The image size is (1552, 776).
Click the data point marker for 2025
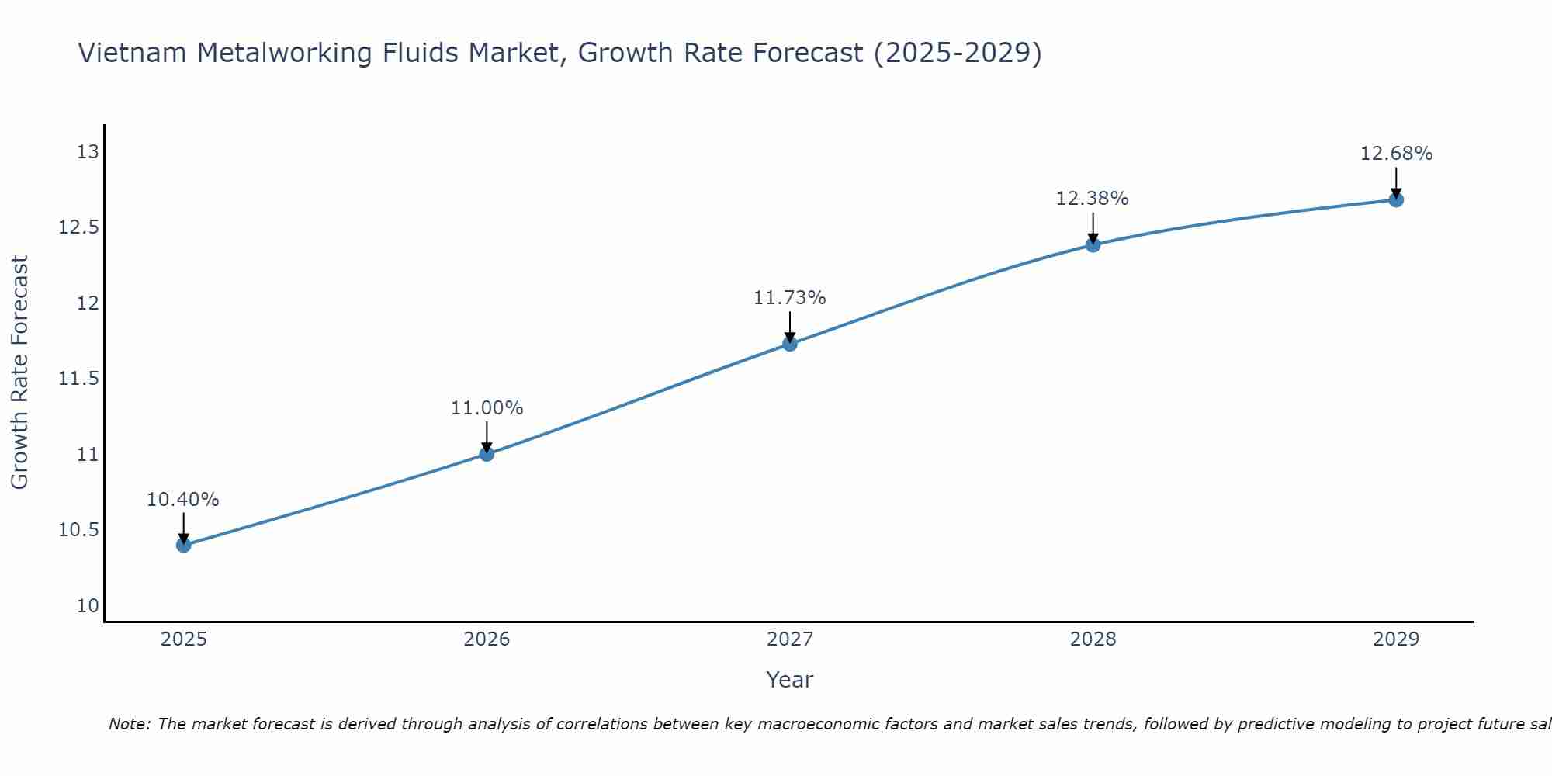tap(184, 545)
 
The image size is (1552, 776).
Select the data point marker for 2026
tap(487, 454)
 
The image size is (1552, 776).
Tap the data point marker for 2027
tap(790, 343)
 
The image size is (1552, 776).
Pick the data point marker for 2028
tap(1093, 244)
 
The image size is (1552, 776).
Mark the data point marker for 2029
tap(1396, 199)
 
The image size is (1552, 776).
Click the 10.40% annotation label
tap(183, 500)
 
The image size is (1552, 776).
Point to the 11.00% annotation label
tap(487, 408)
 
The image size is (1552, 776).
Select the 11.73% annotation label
tap(790, 298)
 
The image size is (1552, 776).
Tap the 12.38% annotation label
tap(1093, 199)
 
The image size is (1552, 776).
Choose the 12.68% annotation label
tap(1396, 154)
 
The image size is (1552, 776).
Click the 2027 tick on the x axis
tap(790, 639)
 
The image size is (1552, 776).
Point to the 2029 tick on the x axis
tap(1396, 639)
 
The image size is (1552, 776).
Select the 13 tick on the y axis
tap(88, 152)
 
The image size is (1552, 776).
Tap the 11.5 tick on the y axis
tap(79, 379)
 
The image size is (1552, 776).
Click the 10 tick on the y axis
tap(88, 606)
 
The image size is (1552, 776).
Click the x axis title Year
tap(790, 680)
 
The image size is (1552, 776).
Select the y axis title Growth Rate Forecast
tap(19, 372)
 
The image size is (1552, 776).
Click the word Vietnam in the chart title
tap(133, 54)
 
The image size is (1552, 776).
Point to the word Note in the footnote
tap(130, 724)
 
